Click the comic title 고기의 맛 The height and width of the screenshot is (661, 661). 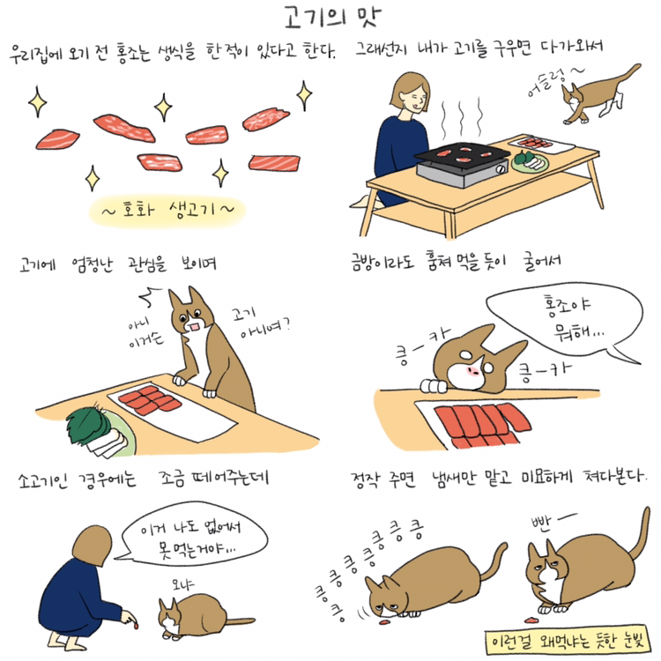tap(332, 18)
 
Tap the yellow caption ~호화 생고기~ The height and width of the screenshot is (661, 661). tap(167, 210)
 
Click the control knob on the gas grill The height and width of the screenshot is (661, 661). tap(501, 169)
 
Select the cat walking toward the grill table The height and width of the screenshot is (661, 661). tap(599, 95)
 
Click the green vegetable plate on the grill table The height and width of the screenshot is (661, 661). tap(530, 162)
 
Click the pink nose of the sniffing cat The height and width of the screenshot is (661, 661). tap(473, 370)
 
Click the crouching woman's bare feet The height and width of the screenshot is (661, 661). tap(67, 642)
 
